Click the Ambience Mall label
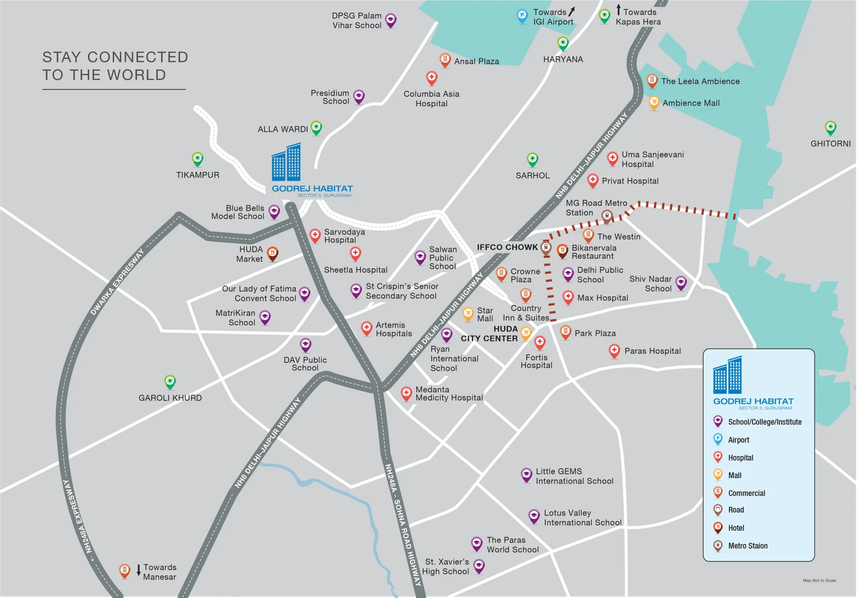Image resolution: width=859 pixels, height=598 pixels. [x=690, y=103]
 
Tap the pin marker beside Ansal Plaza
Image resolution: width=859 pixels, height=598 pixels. [x=445, y=60]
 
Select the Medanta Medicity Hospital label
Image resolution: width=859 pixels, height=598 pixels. [x=449, y=394]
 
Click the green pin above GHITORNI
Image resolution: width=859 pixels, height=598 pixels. [x=831, y=128]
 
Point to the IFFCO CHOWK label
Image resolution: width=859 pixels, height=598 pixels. [x=507, y=247]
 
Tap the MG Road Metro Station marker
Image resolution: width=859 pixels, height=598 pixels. [x=607, y=216]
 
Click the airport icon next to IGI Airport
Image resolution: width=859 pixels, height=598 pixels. [x=522, y=16]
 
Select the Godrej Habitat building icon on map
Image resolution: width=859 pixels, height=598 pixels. [x=286, y=162]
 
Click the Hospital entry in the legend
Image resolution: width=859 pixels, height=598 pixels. [x=740, y=458]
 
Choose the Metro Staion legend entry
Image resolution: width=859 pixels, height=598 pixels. [x=747, y=546]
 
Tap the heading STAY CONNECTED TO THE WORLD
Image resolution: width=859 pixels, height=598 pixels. [x=115, y=66]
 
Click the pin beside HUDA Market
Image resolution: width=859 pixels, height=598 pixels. [x=273, y=253]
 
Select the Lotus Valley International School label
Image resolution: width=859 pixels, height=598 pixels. [x=583, y=518]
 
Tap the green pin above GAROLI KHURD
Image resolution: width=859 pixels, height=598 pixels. [x=170, y=381]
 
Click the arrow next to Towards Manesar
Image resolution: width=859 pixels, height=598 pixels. [x=139, y=570]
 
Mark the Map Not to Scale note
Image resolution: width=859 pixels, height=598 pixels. [x=819, y=580]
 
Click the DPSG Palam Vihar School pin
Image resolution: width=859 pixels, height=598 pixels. [x=391, y=20]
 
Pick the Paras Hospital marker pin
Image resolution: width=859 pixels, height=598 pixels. [x=614, y=351]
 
